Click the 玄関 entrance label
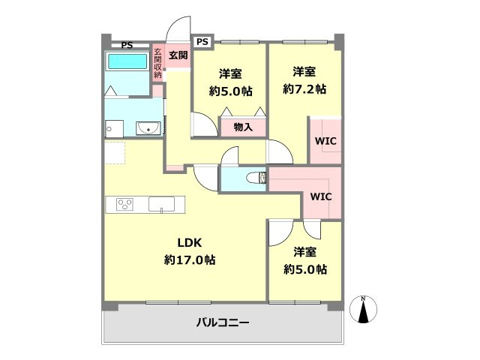pyautogui.click(x=177, y=55)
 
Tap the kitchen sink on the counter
pyautogui.click(x=160, y=203)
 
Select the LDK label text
pyautogui.click(x=190, y=242)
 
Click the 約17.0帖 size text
pyautogui.click(x=190, y=260)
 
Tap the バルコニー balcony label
pyautogui.click(x=223, y=323)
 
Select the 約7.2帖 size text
pyautogui.click(x=304, y=89)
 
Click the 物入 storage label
pyautogui.click(x=243, y=127)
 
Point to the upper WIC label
pyautogui.click(x=325, y=139)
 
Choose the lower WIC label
pyautogui.click(x=321, y=197)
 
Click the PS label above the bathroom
pyautogui.click(x=127, y=45)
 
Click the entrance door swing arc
pyautogui.click(x=177, y=28)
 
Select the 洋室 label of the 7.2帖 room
pyautogui.click(x=304, y=72)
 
